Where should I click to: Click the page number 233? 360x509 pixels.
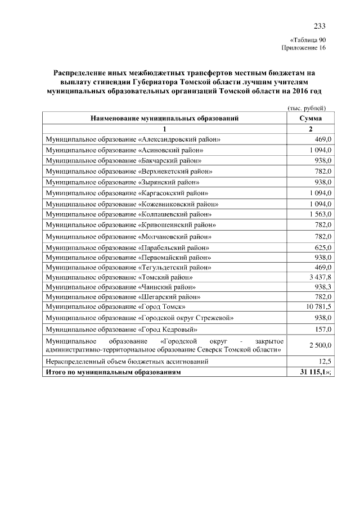point(319,26)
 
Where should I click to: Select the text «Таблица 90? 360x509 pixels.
point(308,40)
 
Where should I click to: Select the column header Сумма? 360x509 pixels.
point(310,119)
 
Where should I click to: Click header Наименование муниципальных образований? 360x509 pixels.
point(164,119)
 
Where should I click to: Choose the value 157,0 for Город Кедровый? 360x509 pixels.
point(323,329)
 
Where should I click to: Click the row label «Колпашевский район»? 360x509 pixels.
point(129,214)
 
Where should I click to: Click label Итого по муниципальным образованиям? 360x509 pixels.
point(114,372)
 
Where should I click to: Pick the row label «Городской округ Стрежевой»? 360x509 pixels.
point(140,318)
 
